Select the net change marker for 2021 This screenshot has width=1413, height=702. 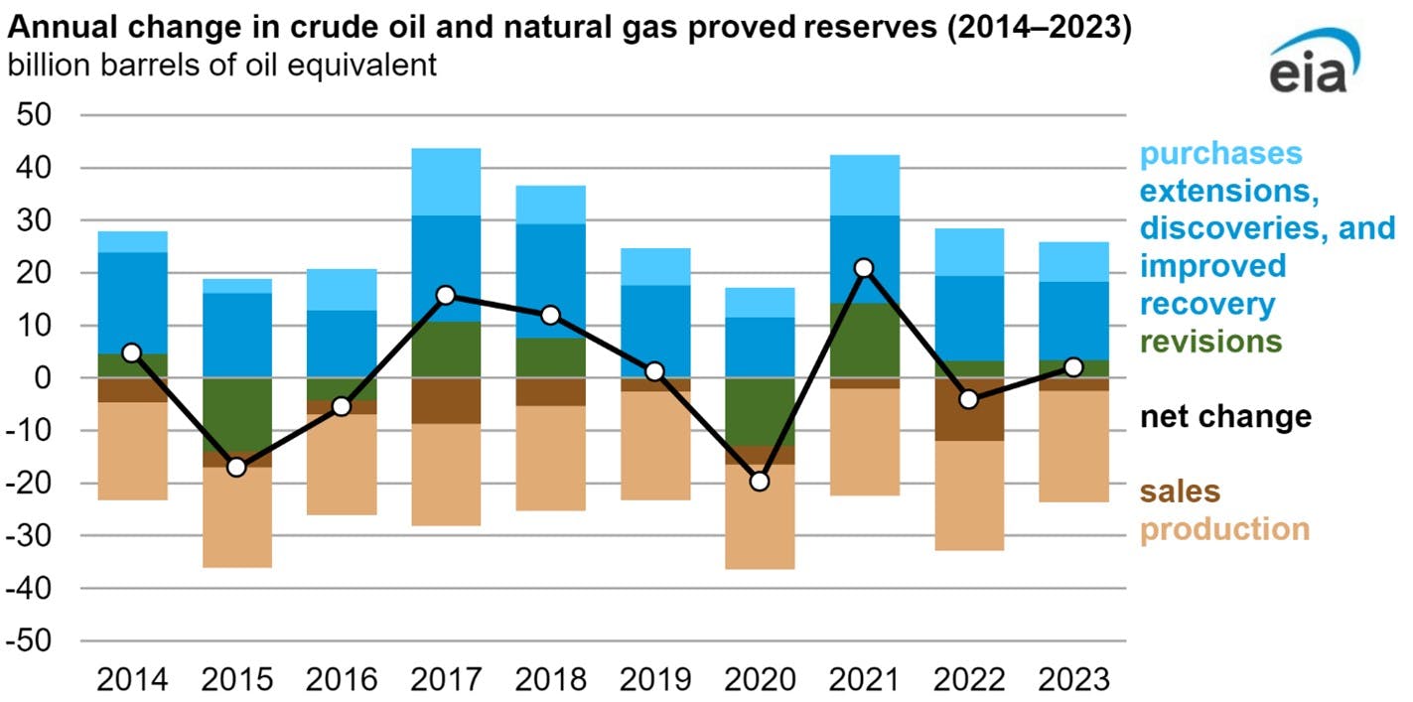[864, 268]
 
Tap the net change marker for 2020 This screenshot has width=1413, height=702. [760, 482]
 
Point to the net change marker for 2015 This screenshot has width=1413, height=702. [236, 467]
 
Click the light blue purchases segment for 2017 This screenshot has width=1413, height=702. [446, 182]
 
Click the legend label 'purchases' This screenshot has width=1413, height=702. [1220, 154]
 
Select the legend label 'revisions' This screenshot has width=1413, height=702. [1210, 342]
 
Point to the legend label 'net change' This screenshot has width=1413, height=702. [1224, 416]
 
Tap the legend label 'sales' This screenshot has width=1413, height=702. [1180, 491]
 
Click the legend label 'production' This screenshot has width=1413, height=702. [1223, 528]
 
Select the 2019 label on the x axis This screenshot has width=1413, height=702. [654, 680]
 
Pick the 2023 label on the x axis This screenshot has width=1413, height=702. [1072, 680]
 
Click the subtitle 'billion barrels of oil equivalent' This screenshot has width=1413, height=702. [222, 66]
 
